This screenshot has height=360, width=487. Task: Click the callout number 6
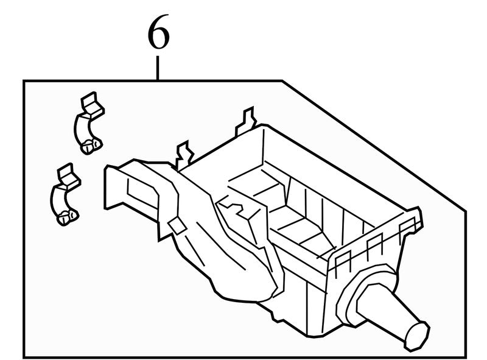click(x=159, y=32)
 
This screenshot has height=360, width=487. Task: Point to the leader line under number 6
click(x=158, y=68)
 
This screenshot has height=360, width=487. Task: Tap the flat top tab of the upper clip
click(x=93, y=105)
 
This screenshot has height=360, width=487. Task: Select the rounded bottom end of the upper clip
click(x=91, y=145)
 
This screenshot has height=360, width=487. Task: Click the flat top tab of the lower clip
click(x=69, y=176)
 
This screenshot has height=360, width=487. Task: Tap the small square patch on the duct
click(x=177, y=225)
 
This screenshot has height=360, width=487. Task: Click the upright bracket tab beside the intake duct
click(x=184, y=155)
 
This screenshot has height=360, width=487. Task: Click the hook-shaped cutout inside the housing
click(x=231, y=206)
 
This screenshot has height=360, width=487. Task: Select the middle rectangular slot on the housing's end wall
click(x=374, y=245)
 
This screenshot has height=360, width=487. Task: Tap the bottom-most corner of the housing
click(x=314, y=336)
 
